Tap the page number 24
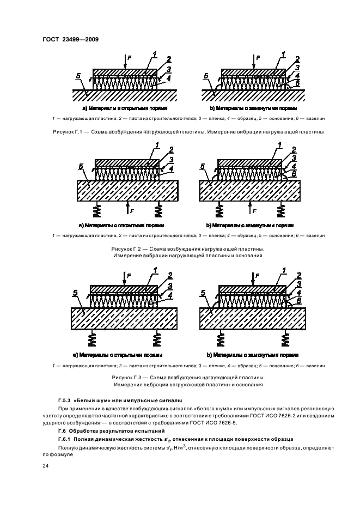(x=45, y=466)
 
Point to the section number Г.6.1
(x=65, y=439)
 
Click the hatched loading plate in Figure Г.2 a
(x=127, y=163)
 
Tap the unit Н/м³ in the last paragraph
(x=177, y=447)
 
